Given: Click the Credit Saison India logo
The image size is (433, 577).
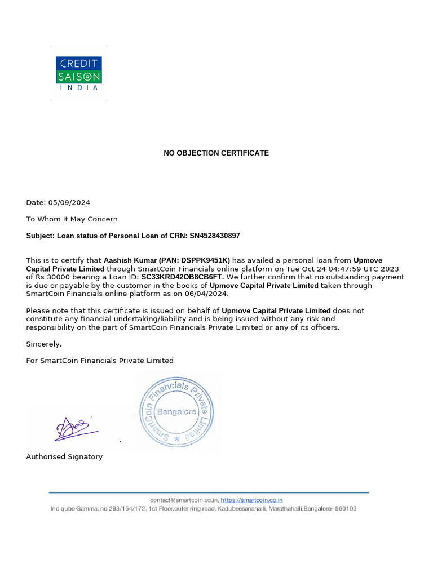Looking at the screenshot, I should click(79, 73).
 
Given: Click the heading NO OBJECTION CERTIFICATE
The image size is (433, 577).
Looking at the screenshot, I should click(216, 153).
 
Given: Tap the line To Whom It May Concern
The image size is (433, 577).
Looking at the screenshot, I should click(72, 219).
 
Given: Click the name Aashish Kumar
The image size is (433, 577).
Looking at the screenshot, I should click(127, 260).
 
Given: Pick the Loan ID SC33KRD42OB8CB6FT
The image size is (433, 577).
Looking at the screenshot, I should click(182, 277).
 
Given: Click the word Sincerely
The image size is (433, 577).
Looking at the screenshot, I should click(44, 344).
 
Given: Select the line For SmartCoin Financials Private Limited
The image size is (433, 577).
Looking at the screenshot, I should click(100, 361).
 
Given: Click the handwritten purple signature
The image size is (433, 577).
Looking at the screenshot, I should click(75, 429).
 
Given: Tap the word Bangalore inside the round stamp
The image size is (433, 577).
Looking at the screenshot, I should click(176, 411).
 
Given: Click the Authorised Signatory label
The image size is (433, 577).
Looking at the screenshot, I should click(64, 457).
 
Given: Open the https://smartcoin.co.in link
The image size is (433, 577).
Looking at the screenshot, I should click(251, 500).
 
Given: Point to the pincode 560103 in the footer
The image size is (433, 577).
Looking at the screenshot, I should click(346, 508).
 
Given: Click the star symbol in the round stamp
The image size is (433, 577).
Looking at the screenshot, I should click(178, 438).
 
